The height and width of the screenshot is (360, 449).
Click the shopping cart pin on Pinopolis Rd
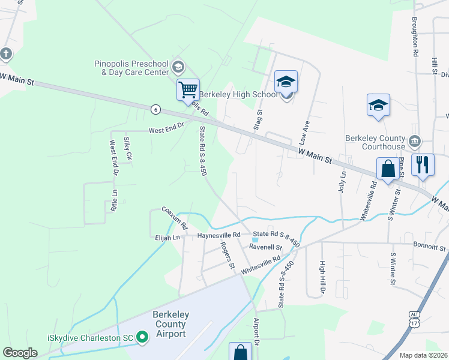coord(188,90)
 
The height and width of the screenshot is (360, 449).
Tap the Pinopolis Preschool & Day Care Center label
coord(131,68)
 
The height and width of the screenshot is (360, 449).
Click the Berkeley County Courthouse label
coord(375,142)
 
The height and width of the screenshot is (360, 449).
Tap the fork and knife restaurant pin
coord(423,164)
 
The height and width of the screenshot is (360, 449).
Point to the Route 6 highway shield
coord(156,109)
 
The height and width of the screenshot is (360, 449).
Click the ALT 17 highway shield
coord(415,319)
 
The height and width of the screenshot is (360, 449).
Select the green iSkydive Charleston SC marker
coord(142,337)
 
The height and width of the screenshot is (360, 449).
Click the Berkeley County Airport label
coord(169,324)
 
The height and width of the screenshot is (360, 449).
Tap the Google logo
coord(20,353)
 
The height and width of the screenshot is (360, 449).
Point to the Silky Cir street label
coord(127,148)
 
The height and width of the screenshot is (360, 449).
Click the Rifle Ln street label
coord(114,200)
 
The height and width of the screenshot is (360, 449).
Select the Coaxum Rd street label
coord(174,218)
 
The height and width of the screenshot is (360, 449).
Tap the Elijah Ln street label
coord(167,238)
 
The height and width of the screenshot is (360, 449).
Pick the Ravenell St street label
coord(265,247)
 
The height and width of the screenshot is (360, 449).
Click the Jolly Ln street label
coord(343,181)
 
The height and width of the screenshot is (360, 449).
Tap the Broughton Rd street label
coord(415,37)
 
